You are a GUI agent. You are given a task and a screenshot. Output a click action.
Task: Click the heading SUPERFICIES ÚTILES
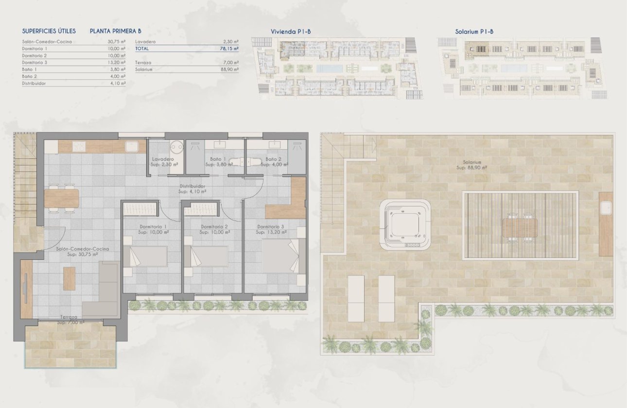pyautogui.click(x=49, y=31)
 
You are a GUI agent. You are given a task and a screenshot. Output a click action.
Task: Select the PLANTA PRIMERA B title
pyautogui.click(x=116, y=31)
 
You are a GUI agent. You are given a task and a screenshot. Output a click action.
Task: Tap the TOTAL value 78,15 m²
pyautogui.click(x=229, y=49)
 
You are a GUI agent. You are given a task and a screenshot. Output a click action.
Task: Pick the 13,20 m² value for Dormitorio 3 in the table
pyautogui.click(x=117, y=63)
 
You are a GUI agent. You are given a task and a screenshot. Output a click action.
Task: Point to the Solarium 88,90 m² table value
pyautogui.click(x=229, y=69)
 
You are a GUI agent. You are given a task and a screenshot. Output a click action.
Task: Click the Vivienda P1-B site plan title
pyautogui.click(x=291, y=32)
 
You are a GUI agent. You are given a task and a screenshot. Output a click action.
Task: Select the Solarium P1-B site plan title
pyautogui.click(x=474, y=32)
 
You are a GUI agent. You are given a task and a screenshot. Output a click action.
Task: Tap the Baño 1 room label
pyautogui.click(x=217, y=159)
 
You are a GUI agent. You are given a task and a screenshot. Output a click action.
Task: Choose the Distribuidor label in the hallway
pyautogui.click(x=192, y=186)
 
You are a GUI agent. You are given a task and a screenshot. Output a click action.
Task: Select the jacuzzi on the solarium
pyautogui.click(x=405, y=224)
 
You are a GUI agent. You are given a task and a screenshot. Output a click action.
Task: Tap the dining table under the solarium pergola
pyautogui.click(x=520, y=227)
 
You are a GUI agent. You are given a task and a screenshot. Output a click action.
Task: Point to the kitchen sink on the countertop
pyautogui.click(x=132, y=146)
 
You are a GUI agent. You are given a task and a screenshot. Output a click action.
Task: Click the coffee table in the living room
pyautogui.click(x=70, y=278)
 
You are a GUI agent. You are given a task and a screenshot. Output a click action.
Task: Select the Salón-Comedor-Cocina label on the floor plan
pyautogui.click(x=82, y=249)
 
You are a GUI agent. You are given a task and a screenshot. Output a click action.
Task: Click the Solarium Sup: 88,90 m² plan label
pyautogui.click(x=471, y=165)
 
